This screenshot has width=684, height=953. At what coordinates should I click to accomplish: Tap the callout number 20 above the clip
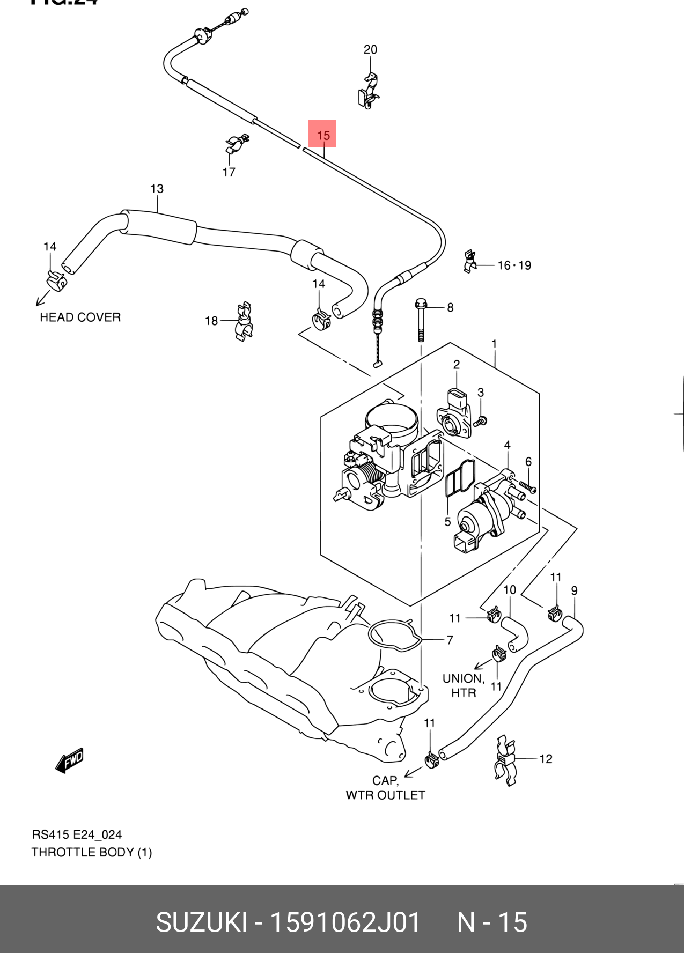click(370, 50)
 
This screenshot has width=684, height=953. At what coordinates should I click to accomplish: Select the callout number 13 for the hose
click(157, 189)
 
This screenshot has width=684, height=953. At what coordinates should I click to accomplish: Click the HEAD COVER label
click(80, 317)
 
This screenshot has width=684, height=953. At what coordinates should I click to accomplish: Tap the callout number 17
click(229, 172)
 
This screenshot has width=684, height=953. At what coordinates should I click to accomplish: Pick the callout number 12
click(546, 759)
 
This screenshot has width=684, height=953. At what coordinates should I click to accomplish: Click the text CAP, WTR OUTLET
click(385, 787)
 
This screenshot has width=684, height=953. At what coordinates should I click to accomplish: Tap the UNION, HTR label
click(464, 685)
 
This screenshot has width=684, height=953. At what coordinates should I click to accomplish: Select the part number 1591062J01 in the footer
click(345, 922)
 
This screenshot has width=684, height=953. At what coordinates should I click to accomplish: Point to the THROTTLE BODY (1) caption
click(92, 852)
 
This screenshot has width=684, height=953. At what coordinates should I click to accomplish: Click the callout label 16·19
click(514, 265)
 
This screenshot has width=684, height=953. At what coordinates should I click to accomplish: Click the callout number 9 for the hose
click(574, 590)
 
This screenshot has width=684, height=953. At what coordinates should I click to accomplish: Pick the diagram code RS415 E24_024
click(77, 834)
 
